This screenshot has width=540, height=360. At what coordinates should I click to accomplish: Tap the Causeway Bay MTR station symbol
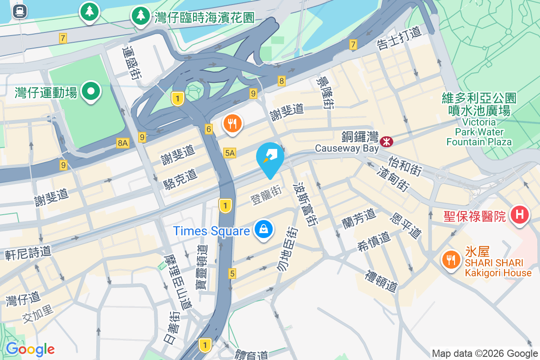tap(386, 142)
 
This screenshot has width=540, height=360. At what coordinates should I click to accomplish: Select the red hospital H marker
tap(519, 215)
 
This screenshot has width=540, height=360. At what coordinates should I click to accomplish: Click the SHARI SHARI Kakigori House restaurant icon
tap(450, 260)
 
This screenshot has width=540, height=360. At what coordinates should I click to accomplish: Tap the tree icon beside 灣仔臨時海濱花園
tap(141, 16)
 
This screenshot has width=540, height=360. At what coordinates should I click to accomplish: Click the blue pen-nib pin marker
tap(270, 157)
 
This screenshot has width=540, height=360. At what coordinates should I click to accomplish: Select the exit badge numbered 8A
tap(122, 143)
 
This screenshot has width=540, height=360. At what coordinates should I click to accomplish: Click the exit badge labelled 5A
tap(229, 153)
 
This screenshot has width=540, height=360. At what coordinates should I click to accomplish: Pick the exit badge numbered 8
tap(282, 81)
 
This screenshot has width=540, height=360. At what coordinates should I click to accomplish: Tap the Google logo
tap(30, 349)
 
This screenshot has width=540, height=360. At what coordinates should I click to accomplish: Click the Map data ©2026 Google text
tap(485, 353)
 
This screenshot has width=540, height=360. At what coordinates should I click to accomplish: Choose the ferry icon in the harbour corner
tap(19, 11)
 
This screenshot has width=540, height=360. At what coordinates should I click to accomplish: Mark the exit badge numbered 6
tap(208, 129)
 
